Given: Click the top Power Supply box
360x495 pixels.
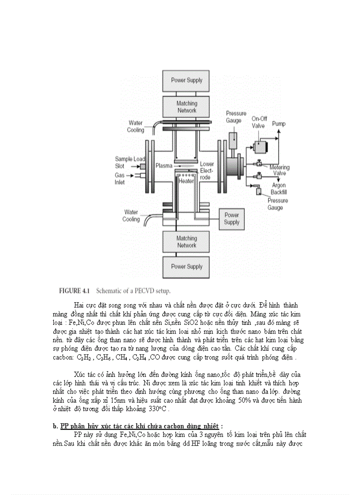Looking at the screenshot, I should tap(187, 81).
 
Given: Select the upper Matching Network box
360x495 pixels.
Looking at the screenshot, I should tap(187, 107).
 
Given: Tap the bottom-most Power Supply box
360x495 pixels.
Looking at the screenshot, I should tap(187, 267).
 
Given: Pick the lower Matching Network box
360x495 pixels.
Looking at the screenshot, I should tap(187, 242).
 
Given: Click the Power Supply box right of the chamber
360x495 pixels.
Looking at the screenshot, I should tap(232, 219).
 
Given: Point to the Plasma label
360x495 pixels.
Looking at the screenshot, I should tap(164, 166).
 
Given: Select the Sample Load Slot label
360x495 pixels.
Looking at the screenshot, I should tap(127, 162).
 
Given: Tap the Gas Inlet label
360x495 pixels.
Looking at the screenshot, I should tap(120, 179).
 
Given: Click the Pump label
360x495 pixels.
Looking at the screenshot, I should tap(278, 124).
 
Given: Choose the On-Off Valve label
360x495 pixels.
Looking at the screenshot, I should tap(259, 122).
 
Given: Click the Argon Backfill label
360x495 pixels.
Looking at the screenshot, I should tap(279, 190).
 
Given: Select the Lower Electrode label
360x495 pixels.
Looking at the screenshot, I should tap(207, 171).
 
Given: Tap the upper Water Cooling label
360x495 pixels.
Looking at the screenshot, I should tap(135, 127).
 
